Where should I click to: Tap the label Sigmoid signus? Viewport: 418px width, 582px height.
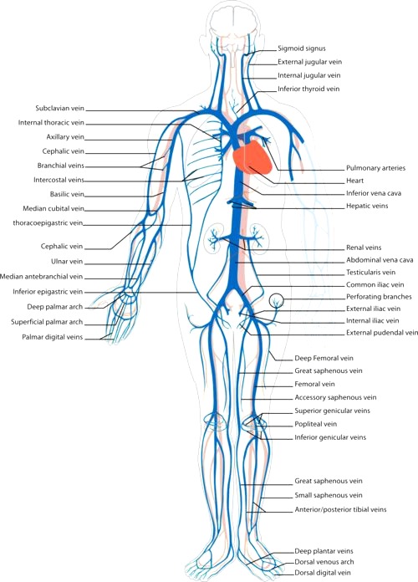click(302, 48)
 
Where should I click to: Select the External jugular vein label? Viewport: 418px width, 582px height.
click(310, 62)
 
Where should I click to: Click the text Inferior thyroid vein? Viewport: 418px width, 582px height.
click(308, 89)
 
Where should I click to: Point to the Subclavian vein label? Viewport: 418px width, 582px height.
click(60, 109)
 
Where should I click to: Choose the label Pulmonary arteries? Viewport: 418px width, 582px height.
click(375, 168)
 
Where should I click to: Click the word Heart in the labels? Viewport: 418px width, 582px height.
click(355, 181)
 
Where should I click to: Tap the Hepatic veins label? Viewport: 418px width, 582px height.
click(367, 206)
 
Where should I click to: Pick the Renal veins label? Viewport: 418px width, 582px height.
click(364, 248)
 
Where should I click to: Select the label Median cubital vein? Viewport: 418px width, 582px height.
click(54, 208)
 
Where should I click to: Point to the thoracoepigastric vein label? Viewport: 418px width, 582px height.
click(48, 223)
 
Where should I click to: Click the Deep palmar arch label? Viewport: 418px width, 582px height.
click(55, 307)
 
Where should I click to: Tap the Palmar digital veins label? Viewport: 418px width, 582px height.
click(53, 337)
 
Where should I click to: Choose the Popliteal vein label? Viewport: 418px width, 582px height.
click(316, 424)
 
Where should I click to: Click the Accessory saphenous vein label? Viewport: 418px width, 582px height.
click(335, 397)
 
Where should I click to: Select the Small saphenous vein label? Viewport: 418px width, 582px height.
click(329, 495)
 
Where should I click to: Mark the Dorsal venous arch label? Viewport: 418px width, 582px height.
click(324, 562)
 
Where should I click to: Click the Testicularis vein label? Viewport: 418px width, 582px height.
click(371, 272)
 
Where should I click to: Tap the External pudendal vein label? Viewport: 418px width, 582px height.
click(382, 333)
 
